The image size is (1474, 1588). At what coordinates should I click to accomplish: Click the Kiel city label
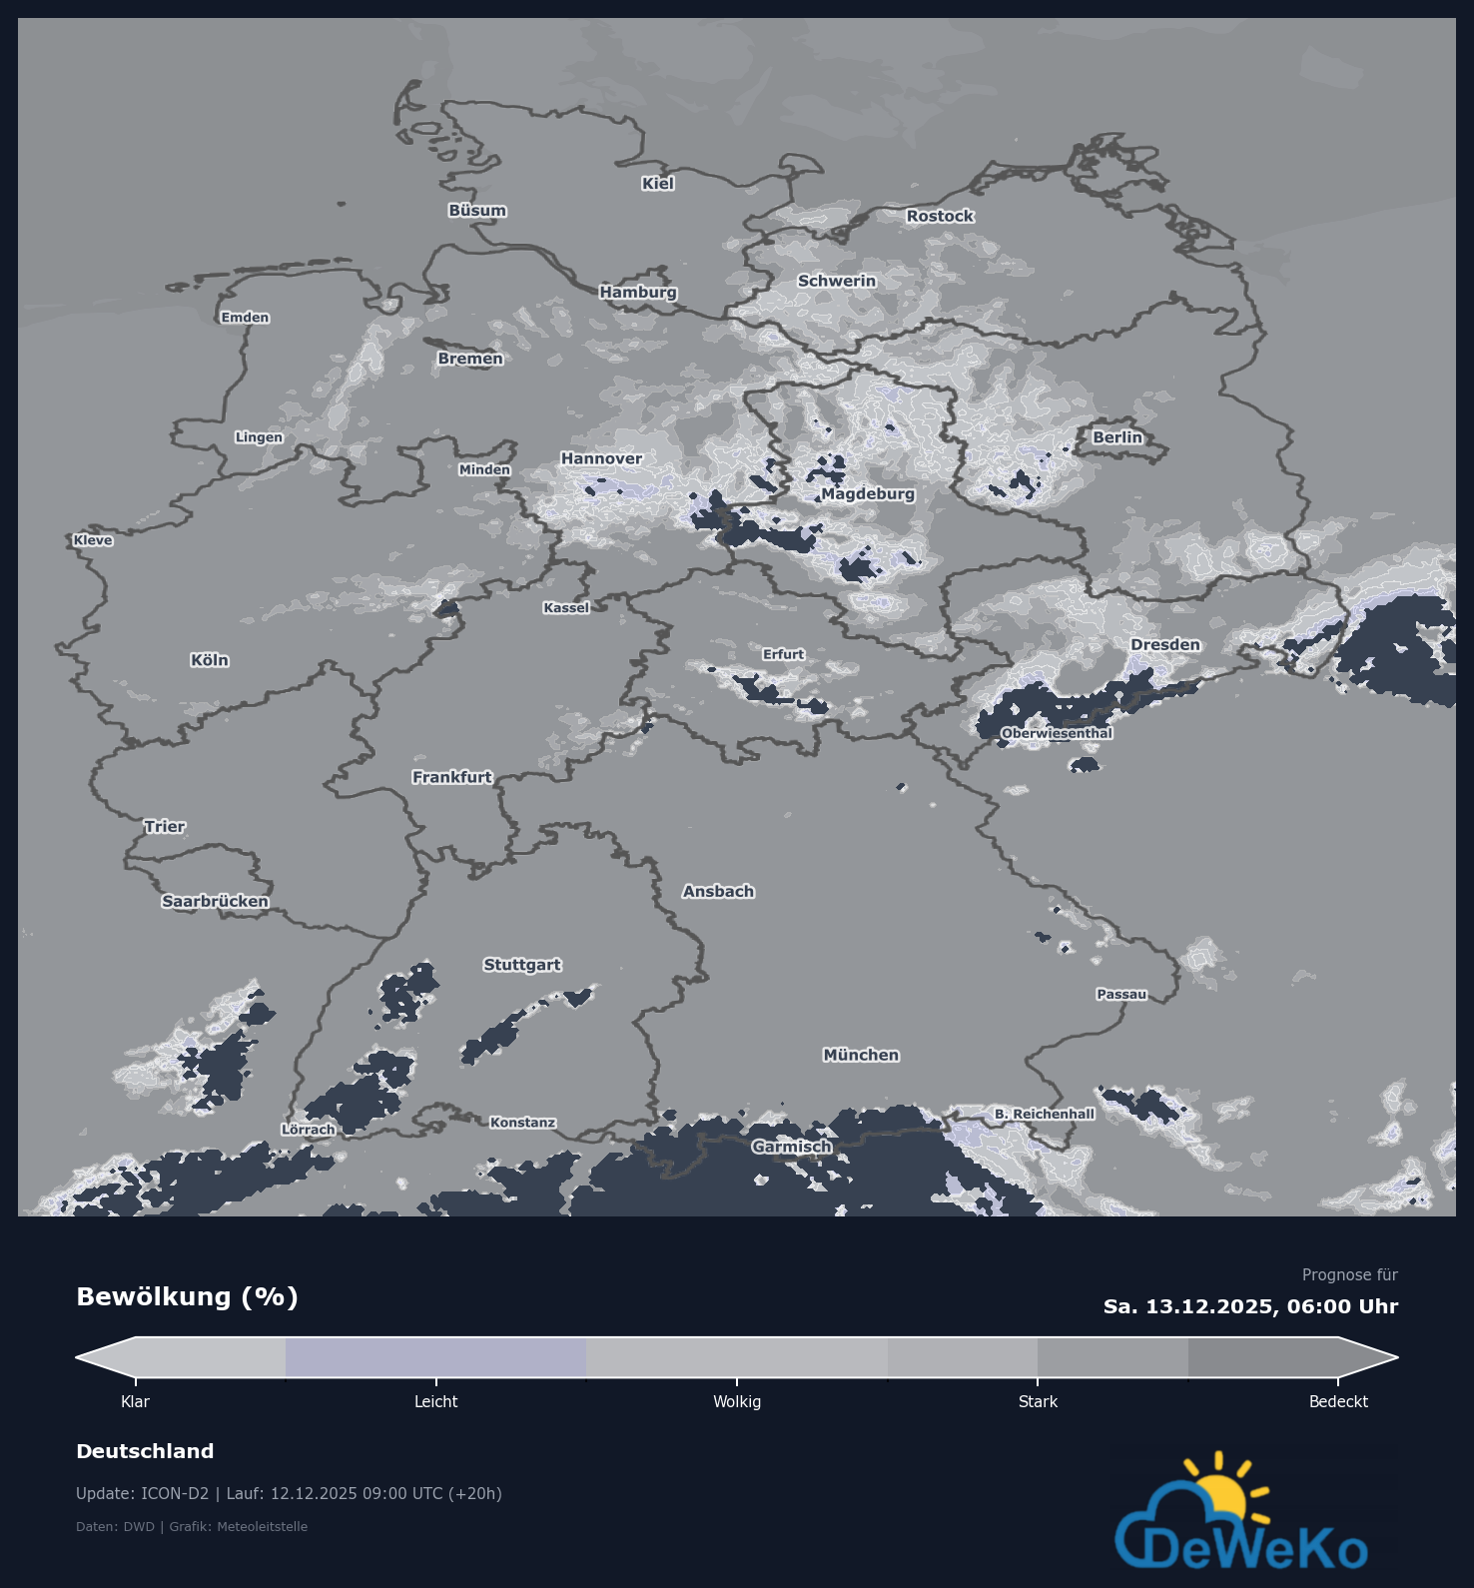(658, 184)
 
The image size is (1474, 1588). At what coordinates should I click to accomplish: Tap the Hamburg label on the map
(638, 292)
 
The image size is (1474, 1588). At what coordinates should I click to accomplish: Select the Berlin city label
(1116, 437)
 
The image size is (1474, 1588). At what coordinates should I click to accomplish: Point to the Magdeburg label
(867, 494)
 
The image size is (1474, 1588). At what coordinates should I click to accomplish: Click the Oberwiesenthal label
(1057, 733)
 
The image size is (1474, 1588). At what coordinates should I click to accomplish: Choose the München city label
(861, 1055)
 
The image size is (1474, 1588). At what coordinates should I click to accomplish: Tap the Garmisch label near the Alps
(792, 1147)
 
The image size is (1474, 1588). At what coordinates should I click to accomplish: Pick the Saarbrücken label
(215, 901)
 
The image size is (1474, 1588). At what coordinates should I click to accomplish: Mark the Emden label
(245, 318)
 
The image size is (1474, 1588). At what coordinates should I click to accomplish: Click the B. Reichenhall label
(1044, 1114)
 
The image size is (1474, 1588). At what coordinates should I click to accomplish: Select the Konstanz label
(522, 1123)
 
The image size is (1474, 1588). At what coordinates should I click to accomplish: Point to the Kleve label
(93, 540)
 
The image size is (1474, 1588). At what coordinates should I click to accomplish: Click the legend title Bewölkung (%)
(187, 1296)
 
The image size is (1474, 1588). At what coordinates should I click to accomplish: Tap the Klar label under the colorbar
(135, 1402)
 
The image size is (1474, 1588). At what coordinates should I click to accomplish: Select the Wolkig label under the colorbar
(737, 1402)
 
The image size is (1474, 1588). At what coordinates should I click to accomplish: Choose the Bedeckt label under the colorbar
(1338, 1402)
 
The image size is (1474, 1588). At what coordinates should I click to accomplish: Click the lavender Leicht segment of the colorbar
(435, 1357)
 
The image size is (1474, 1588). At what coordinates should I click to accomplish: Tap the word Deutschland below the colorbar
(145, 1451)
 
